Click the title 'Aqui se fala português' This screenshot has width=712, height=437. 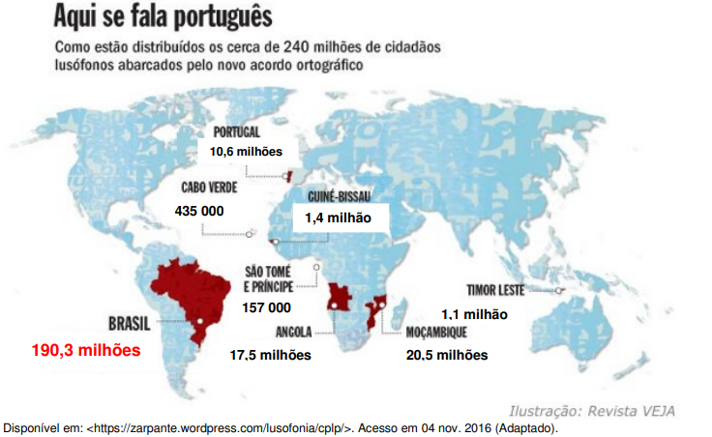[163, 15]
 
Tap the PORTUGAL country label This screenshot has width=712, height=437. [237, 132]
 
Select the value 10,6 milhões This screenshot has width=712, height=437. [246, 152]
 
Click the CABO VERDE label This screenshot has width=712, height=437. [209, 188]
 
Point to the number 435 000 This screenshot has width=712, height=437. [199, 211]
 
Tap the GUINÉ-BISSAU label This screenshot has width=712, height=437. [340, 196]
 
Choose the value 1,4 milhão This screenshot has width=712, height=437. [338, 218]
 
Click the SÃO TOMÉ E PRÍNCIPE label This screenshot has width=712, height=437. [268, 279]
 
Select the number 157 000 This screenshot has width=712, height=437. [267, 307]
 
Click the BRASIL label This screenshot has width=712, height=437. [129, 324]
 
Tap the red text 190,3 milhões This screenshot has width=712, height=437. [86, 350]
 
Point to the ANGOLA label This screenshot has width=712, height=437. [293, 333]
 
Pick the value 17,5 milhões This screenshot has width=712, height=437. [270, 355]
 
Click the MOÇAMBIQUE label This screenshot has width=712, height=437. [436, 333]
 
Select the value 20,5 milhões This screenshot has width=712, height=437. [447, 355]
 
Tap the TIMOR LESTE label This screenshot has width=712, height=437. [495, 290]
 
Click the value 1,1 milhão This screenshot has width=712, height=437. [475, 314]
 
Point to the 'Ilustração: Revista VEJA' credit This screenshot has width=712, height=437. [592, 411]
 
